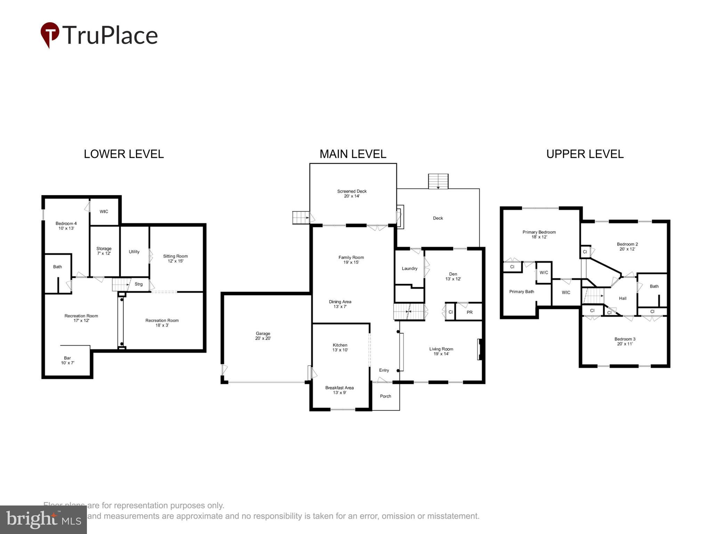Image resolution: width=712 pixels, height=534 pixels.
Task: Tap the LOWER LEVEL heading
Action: click(x=123, y=154)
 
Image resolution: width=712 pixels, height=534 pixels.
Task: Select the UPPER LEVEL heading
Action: click(x=585, y=154)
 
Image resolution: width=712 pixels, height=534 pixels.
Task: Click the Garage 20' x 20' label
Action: click(x=263, y=336)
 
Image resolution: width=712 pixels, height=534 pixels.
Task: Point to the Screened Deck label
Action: click(x=352, y=194)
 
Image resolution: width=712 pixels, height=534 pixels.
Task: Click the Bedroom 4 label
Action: click(x=66, y=226)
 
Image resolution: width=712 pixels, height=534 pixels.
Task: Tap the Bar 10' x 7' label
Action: click(x=67, y=360)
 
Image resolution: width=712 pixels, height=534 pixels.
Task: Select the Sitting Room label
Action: click(x=175, y=258)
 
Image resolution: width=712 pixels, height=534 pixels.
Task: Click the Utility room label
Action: click(x=134, y=252)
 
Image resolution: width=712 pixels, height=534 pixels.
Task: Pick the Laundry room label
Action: click(x=410, y=268)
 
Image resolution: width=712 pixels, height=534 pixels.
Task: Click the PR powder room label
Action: click(x=469, y=312)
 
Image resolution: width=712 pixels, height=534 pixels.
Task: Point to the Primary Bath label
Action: click(x=521, y=292)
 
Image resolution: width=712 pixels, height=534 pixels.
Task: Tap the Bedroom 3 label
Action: click(x=625, y=341)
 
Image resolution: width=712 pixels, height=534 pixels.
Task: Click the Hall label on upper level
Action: click(x=623, y=298)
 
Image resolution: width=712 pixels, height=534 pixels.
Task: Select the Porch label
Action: click(x=385, y=396)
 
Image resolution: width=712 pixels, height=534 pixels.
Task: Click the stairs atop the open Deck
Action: click(x=438, y=181)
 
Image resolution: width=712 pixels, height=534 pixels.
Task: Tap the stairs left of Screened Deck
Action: click(x=301, y=218)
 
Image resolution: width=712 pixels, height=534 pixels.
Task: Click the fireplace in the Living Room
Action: click(x=479, y=349)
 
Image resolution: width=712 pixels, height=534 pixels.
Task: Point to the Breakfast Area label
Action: click(x=339, y=390)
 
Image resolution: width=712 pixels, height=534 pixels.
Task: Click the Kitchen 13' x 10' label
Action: click(x=340, y=347)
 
